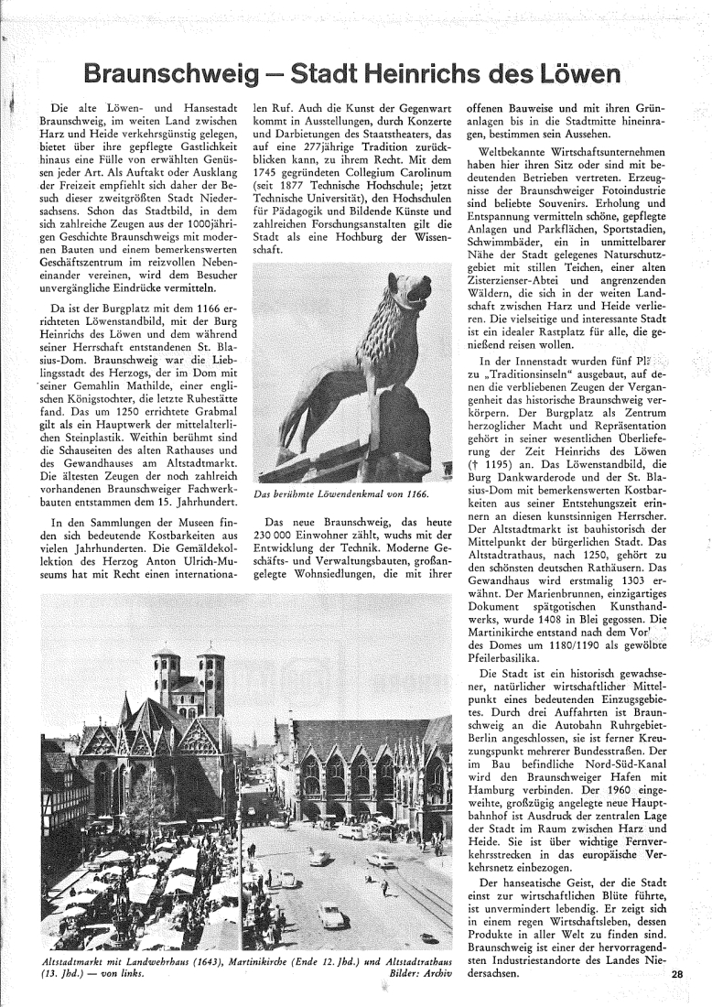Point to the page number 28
(x=676, y=975)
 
